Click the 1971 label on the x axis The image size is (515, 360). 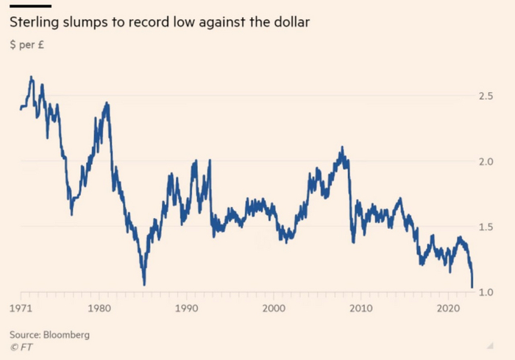coord(20,307)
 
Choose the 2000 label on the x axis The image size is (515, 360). coord(274,307)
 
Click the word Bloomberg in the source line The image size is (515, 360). coord(66,335)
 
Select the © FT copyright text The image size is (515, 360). coord(20,347)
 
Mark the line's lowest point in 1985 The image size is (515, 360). coord(144,284)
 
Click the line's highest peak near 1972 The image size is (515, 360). coord(31,77)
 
